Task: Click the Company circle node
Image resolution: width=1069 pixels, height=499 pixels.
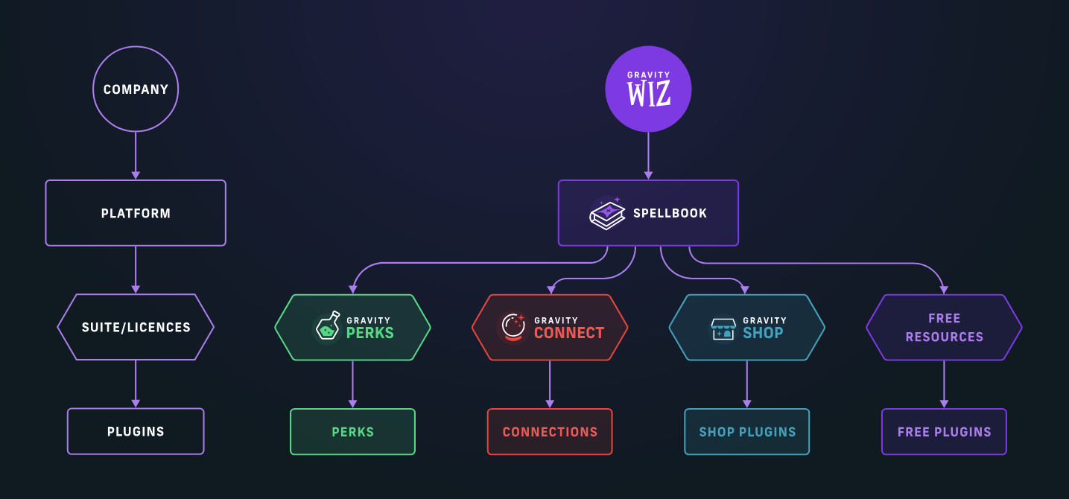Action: tap(136, 89)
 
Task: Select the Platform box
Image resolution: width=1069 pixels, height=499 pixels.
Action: tap(136, 213)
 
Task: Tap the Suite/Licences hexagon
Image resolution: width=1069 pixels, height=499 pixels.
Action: tap(136, 327)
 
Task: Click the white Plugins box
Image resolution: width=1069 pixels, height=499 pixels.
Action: tap(136, 431)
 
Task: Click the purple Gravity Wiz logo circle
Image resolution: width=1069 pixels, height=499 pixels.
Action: tap(648, 89)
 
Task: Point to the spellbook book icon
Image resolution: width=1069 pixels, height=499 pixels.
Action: tap(607, 214)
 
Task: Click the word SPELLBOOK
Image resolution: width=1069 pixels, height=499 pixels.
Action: tap(670, 213)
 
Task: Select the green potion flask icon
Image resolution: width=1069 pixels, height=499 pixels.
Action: tap(327, 327)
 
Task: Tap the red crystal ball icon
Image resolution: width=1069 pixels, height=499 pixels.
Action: tap(513, 327)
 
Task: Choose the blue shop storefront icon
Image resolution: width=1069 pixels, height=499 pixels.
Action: tap(723, 328)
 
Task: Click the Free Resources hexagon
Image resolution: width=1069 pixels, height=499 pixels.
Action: tap(944, 327)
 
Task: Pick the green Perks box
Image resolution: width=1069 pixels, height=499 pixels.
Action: tap(352, 431)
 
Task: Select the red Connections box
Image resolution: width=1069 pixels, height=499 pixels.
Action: tap(550, 431)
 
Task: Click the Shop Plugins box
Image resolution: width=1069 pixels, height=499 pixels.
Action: tap(747, 431)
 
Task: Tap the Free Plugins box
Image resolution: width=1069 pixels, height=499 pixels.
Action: tap(944, 431)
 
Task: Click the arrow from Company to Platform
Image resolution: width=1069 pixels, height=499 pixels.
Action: tap(136, 156)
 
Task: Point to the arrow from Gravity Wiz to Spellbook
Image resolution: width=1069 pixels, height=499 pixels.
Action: tap(648, 156)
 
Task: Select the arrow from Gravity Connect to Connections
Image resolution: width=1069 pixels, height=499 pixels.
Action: tap(550, 384)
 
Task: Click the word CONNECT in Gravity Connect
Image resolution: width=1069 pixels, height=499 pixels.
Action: tap(568, 333)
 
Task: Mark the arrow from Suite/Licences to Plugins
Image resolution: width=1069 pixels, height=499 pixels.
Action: tap(136, 384)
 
